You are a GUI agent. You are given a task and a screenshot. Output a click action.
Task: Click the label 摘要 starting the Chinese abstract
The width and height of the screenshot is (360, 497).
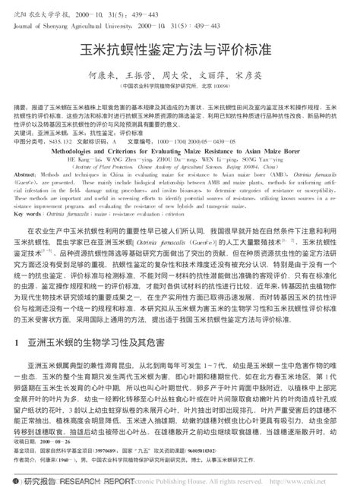(23, 109)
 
